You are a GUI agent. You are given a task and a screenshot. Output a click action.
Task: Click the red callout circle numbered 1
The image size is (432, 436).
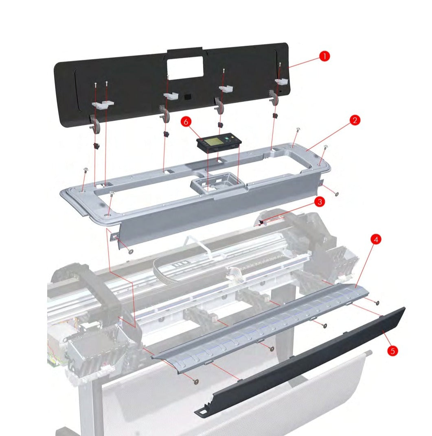[324, 57]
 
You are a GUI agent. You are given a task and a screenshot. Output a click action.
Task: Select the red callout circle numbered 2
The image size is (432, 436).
[355, 120]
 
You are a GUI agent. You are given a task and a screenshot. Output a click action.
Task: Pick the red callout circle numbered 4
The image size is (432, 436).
[376, 240]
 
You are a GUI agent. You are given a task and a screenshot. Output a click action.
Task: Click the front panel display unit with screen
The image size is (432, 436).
[219, 143]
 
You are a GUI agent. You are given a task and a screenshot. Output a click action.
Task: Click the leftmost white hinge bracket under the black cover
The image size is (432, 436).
[102, 105]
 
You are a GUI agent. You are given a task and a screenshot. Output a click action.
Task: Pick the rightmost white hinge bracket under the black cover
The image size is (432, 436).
[281, 82]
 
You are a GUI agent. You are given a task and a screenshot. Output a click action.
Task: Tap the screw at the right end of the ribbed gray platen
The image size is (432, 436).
[377, 303]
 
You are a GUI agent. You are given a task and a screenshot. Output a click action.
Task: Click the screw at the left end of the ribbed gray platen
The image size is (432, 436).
[196, 381]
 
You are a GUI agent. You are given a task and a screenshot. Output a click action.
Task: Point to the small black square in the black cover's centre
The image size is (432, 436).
[187, 97]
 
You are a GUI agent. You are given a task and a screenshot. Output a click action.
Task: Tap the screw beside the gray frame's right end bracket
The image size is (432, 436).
[337, 193]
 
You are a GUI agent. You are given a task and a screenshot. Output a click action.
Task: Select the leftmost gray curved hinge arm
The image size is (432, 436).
[96, 124]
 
